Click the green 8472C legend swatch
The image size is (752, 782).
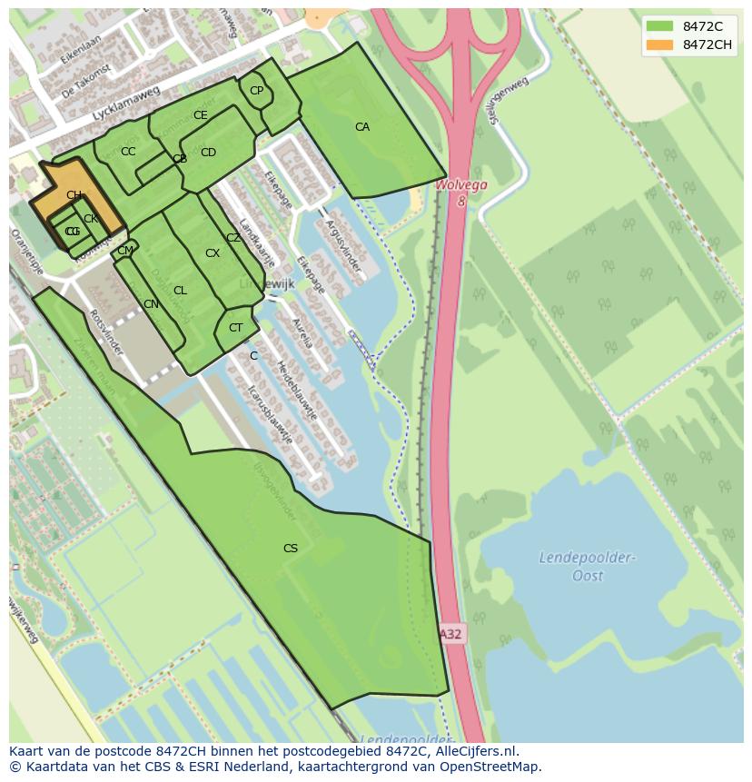(660, 26)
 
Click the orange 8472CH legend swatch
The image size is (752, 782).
(660, 45)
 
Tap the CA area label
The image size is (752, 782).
(362, 127)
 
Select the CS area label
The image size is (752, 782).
(291, 548)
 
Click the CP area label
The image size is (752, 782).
(256, 91)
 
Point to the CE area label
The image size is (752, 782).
(201, 115)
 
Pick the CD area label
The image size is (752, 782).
(208, 153)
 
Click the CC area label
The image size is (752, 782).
(128, 152)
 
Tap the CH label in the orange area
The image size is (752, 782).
(74, 195)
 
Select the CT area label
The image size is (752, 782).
(236, 328)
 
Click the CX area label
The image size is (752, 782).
(213, 253)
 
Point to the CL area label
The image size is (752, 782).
(180, 291)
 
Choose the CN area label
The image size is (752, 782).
(151, 304)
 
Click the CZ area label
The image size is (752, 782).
(233, 238)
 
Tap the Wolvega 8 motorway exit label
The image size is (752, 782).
(461, 192)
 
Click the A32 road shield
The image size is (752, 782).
(451, 634)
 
